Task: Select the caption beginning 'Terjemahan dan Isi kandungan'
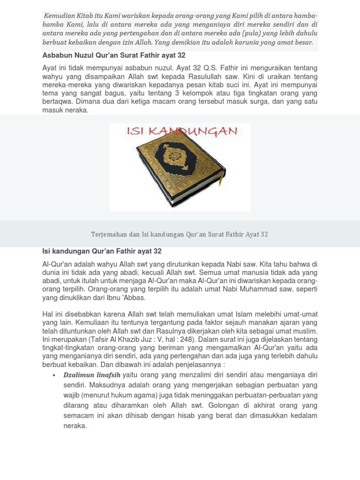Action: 180,234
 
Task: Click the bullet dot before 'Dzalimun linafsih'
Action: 55,375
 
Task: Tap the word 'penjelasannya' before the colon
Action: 193,365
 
